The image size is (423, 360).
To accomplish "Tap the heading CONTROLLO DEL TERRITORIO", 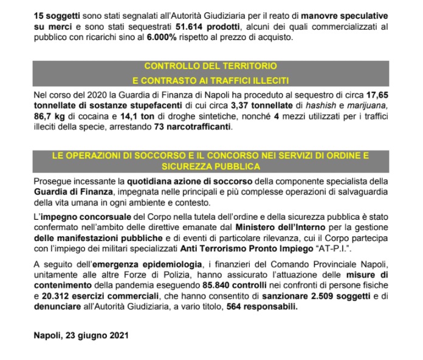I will [x=211, y=65].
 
